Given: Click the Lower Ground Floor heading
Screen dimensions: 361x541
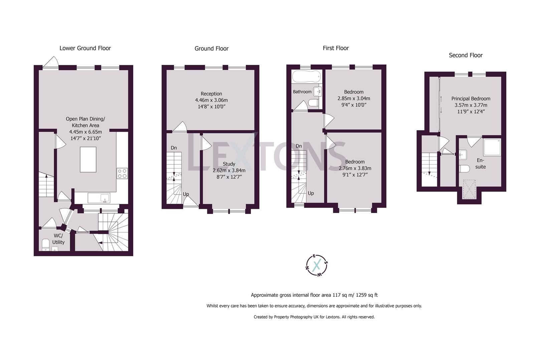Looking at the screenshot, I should (85, 48).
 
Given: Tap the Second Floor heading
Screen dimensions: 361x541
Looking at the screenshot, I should (466, 55).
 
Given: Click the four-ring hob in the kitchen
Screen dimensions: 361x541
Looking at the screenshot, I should (122, 173).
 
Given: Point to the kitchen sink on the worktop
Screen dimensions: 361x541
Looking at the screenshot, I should (99, 198).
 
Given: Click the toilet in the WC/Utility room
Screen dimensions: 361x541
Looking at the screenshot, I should (46, 244).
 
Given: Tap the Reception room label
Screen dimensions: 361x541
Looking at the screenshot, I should (211, 94).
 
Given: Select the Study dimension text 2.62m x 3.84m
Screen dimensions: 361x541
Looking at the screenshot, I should (229, 170).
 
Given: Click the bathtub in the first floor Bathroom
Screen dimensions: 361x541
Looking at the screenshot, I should (306, 76).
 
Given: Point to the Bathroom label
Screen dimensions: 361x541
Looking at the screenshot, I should (302, 92).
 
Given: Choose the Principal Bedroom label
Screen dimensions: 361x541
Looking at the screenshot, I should (471, 99).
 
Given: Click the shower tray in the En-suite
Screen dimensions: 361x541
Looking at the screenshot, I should (492, 147).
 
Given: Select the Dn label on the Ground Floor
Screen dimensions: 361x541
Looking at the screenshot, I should (174, 148).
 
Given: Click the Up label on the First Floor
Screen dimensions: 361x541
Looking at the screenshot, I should (311, 193).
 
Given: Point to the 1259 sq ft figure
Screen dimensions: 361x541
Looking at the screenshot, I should (367, 295).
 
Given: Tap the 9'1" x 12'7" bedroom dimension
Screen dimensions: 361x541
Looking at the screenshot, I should (355, 174).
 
